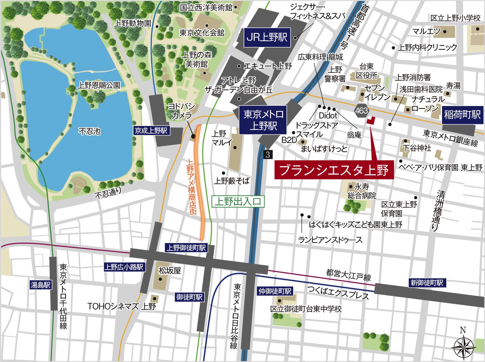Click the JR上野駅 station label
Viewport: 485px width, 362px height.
point(266,37)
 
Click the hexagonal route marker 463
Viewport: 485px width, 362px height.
point(362,111)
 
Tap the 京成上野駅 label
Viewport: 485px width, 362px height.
point(151,131)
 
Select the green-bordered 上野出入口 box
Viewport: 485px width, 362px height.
point(238,202)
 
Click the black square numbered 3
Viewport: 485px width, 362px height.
point(268,154)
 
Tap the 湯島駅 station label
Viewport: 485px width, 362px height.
point(40,285)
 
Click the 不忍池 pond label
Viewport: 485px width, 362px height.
point(90,132)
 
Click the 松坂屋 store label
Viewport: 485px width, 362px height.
point(169,271)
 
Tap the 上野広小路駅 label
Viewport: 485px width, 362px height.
point(123,267)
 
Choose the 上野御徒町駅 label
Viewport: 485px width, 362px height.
point(186,248)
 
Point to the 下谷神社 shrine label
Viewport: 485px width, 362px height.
point(417,148)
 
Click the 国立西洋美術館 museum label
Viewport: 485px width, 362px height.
point(206,7)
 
